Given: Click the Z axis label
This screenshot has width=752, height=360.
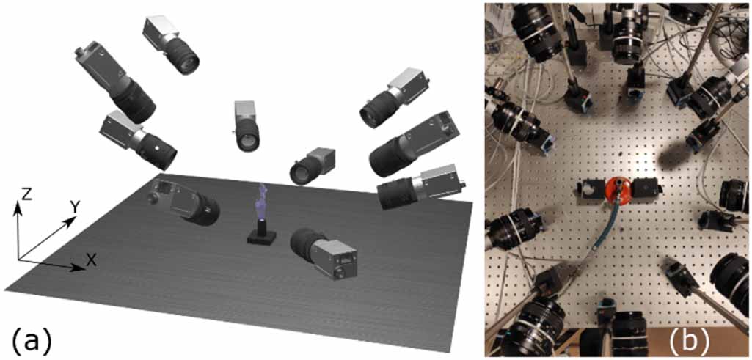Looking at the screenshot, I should tap(26, 193).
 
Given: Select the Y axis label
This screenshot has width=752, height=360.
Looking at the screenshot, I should tap(74, 207).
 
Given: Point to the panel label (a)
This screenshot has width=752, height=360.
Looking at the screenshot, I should tap(32, 339).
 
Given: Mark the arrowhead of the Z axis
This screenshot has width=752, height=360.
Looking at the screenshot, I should tap(19, 203).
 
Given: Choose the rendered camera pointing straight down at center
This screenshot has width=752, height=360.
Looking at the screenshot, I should tap(247, 126).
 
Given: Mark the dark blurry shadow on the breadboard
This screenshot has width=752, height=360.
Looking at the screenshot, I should tap(678, 152).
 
